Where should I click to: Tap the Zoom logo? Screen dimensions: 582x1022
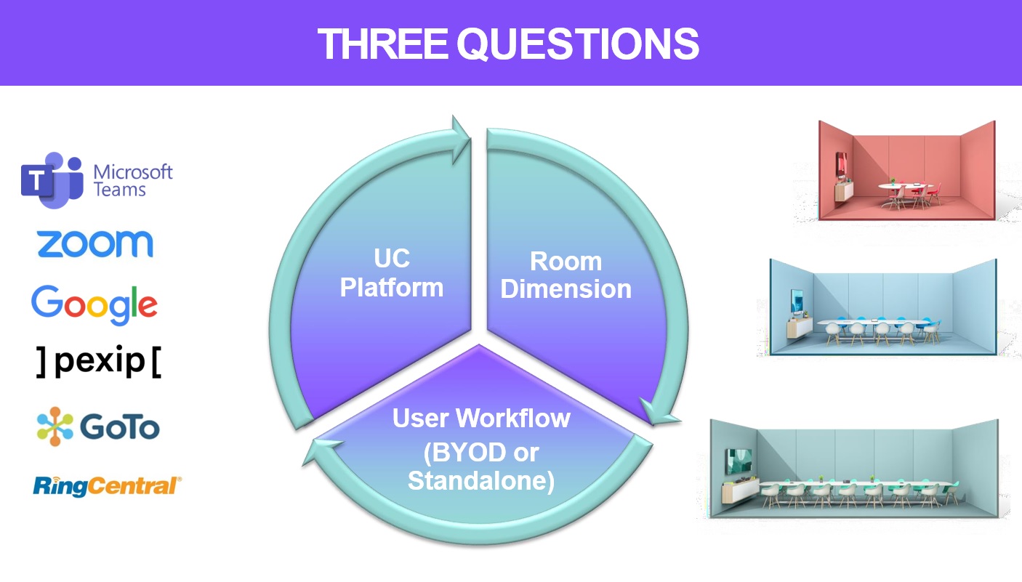coord(95,243)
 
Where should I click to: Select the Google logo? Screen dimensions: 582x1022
coord(94,304)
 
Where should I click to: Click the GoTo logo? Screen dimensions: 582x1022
coord(98,427)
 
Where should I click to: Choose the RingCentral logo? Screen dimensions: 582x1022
coord(107,486)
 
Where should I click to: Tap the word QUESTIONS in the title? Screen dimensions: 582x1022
coord(578,44)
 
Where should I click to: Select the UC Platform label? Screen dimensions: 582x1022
coord(392,273)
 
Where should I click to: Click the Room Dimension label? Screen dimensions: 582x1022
coord(566,275)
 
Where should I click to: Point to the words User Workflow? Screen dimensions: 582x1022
coord(481,419)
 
